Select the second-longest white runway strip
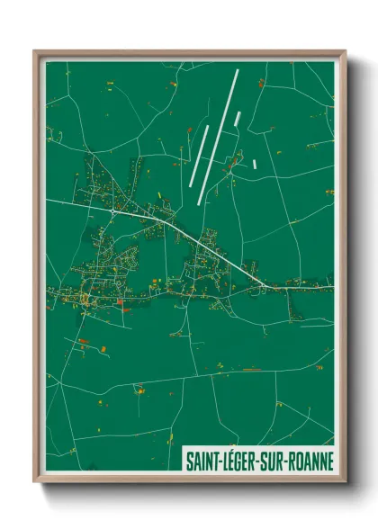[x=200, y=154]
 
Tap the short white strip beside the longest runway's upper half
[x=238, y=118]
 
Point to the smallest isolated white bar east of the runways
[x=256, y=164]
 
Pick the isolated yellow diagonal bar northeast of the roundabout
[x=160, y=195]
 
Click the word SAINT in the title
[x=202, y=460]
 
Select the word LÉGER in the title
[x=241, y=460]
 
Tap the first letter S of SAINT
[x=188, y=460]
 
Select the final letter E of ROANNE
[x=329, y=460]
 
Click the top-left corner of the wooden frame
[x=35, y=51]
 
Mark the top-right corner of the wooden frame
[x=345, y=51]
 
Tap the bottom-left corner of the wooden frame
[x=35, y=482]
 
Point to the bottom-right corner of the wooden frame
[x=345, y=482]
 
